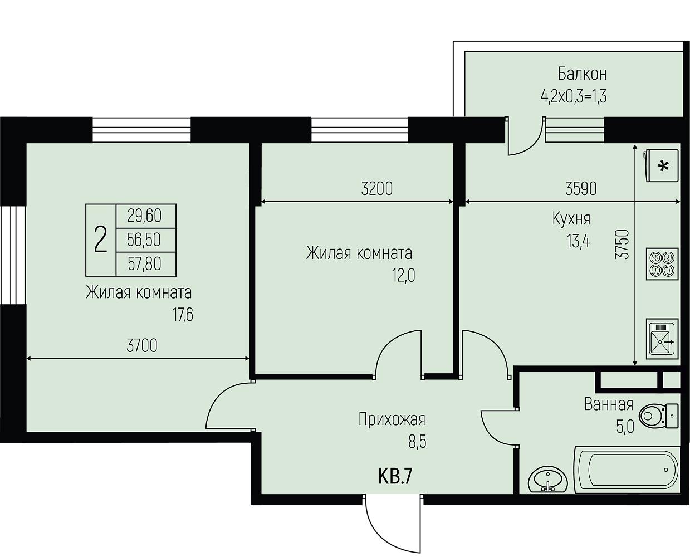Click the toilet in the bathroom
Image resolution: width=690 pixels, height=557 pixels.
(658, 416)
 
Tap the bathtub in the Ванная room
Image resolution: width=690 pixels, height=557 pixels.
(627, 470)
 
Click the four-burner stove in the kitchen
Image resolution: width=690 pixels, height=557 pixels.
(662, 264)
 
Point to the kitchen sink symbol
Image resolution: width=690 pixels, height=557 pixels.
(662, 339)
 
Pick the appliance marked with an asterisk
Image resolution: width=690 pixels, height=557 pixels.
(661, 165)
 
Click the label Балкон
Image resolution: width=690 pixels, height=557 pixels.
(582, 74)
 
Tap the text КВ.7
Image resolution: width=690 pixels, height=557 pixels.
(395, 477)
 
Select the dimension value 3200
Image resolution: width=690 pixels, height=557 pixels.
(377, 189)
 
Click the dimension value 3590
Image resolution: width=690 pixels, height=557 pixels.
(581, 189)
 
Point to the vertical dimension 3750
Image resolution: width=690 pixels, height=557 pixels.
(622, 245)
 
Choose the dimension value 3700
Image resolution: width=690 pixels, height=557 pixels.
(142, 346)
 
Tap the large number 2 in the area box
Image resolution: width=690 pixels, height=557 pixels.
(100, 240)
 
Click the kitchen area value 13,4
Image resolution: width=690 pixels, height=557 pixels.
(578, 241)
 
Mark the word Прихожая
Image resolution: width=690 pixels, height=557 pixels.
(392, 419)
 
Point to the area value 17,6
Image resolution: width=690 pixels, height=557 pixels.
(183, 315)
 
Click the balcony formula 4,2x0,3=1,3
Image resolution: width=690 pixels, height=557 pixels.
(574, 96)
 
